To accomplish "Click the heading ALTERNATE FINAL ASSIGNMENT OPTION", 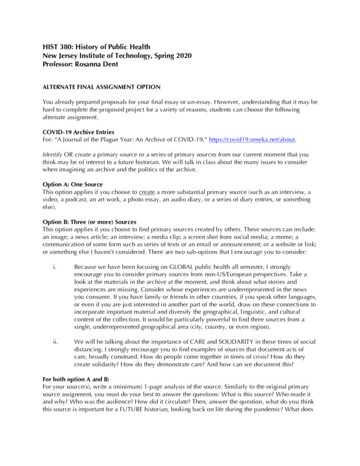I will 102,87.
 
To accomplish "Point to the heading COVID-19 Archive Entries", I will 79,132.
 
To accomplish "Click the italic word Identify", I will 55,154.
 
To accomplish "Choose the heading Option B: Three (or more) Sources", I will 90,222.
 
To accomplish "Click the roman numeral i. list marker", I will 54,268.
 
